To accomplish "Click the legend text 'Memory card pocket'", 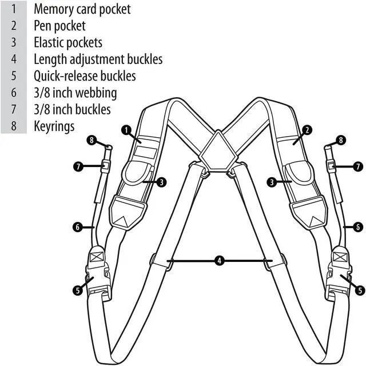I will (82, 9).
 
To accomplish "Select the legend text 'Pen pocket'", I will (59, 26).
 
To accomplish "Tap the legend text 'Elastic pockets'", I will (68, 42).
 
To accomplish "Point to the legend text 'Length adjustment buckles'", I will (98, 59).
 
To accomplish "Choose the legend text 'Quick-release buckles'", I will (85, 75).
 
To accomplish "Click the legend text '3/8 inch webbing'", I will (75, 92).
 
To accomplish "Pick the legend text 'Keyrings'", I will (54, 126).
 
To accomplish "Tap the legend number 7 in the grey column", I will (14, 109).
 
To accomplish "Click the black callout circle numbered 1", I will (125, 130).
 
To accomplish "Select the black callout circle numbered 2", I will (307, 130).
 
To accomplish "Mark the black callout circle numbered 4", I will (219, 261).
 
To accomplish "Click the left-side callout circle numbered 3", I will (162, 182).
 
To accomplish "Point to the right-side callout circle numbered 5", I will (360, 290).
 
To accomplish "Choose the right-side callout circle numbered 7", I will (359, 166).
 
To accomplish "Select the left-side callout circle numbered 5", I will (77, 290).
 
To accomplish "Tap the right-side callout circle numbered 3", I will (271, 182).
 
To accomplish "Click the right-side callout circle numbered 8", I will (341, 140).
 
